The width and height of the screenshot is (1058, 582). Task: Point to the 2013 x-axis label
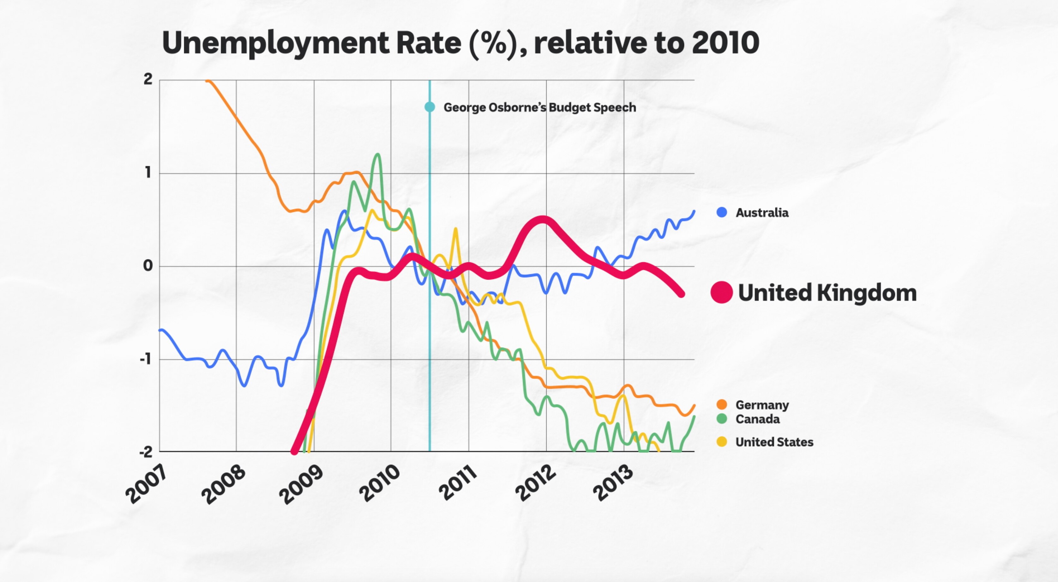point(613,483)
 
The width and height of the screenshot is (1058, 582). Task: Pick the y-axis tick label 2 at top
point(148,79)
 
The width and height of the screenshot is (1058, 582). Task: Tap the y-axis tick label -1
point(145,360)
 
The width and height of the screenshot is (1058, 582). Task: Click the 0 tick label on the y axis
point(147,266)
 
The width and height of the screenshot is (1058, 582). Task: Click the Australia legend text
point(762,213)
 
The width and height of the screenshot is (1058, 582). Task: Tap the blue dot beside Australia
point(722,212)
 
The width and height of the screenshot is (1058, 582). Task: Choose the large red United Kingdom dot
point(722,292)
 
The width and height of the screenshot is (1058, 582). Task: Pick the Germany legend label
point(762,405)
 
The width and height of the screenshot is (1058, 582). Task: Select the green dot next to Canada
point(722,419)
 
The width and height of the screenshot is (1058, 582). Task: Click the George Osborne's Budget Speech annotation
point(540,107)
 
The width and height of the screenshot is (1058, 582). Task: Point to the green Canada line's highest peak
point(377,155)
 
